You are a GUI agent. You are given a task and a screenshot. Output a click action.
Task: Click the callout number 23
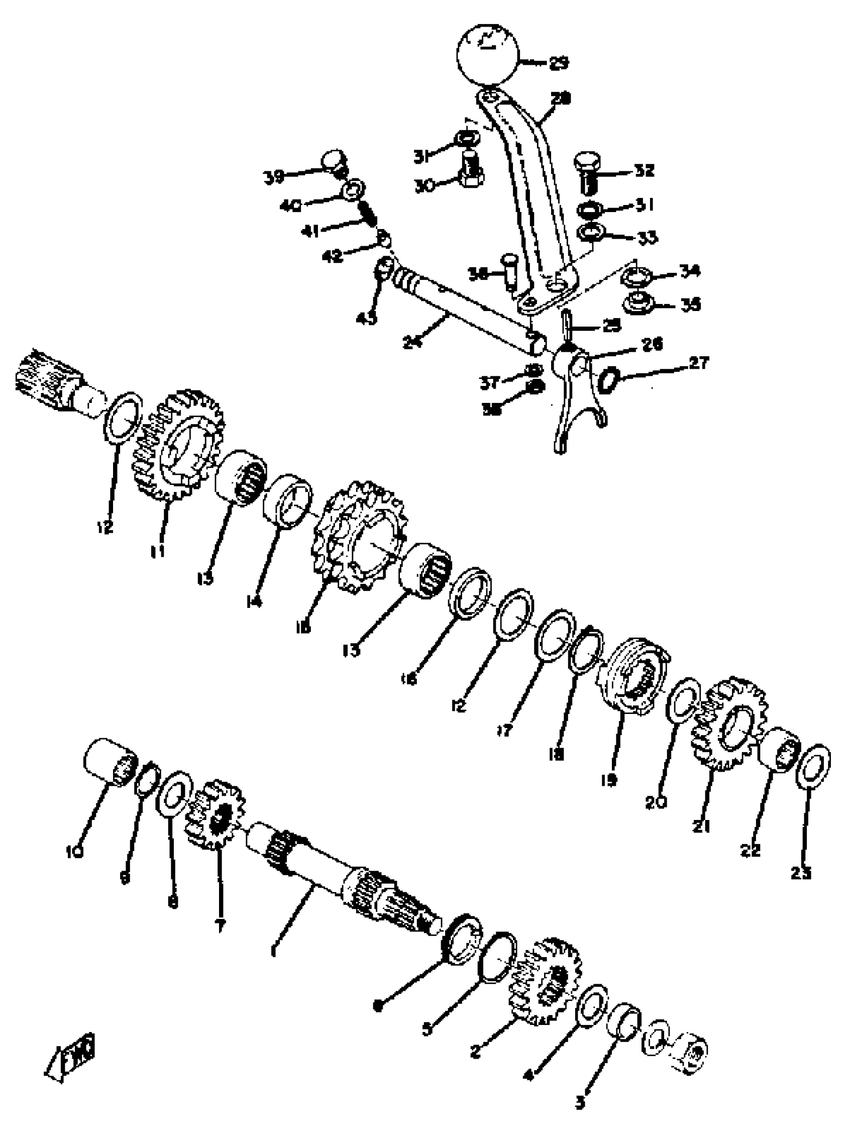pyautogui.click(x=800, y=873)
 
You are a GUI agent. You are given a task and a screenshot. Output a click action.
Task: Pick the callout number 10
pyautogui.click(x=75, y=852)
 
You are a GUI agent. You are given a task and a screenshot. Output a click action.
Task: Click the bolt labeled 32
pyautogui.click(x=590, y=172)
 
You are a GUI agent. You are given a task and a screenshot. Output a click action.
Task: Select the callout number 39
pyautogui.click(x=274, y=177)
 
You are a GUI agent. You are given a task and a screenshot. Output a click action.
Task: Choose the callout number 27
pyautogui.click(x=698, y=364)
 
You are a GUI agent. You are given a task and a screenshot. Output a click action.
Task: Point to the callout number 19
pyautogui.click(x=609, y=779)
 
